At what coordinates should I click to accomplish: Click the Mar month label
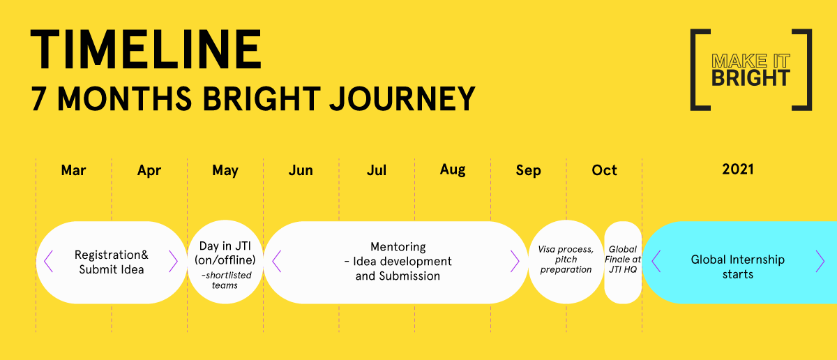[73, 170]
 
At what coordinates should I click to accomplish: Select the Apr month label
[149, 171]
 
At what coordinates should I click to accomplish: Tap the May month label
[225, 171]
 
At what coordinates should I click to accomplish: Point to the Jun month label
[301, 170]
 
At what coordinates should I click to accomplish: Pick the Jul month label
[376, 170]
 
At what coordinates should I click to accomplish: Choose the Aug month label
[453, 170]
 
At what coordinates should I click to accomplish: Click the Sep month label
[529, 171]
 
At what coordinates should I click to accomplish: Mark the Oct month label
[604, 170]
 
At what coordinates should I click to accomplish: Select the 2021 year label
[738, 170]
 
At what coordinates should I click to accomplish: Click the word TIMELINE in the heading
[146, 49]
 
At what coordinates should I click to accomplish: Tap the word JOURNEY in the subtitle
[402, 98]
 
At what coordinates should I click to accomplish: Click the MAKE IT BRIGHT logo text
[751, 70]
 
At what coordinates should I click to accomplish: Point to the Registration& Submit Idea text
[112, 262]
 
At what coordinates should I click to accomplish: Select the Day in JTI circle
[225, 262]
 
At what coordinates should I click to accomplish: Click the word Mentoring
[398, 247]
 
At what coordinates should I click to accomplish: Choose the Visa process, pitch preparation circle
[566, 262]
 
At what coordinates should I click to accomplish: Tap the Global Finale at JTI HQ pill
[623, 262]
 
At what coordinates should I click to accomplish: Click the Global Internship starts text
[738, 267]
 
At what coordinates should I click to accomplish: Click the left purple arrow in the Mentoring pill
[276, 262]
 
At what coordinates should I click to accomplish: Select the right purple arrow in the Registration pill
[173, 262]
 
